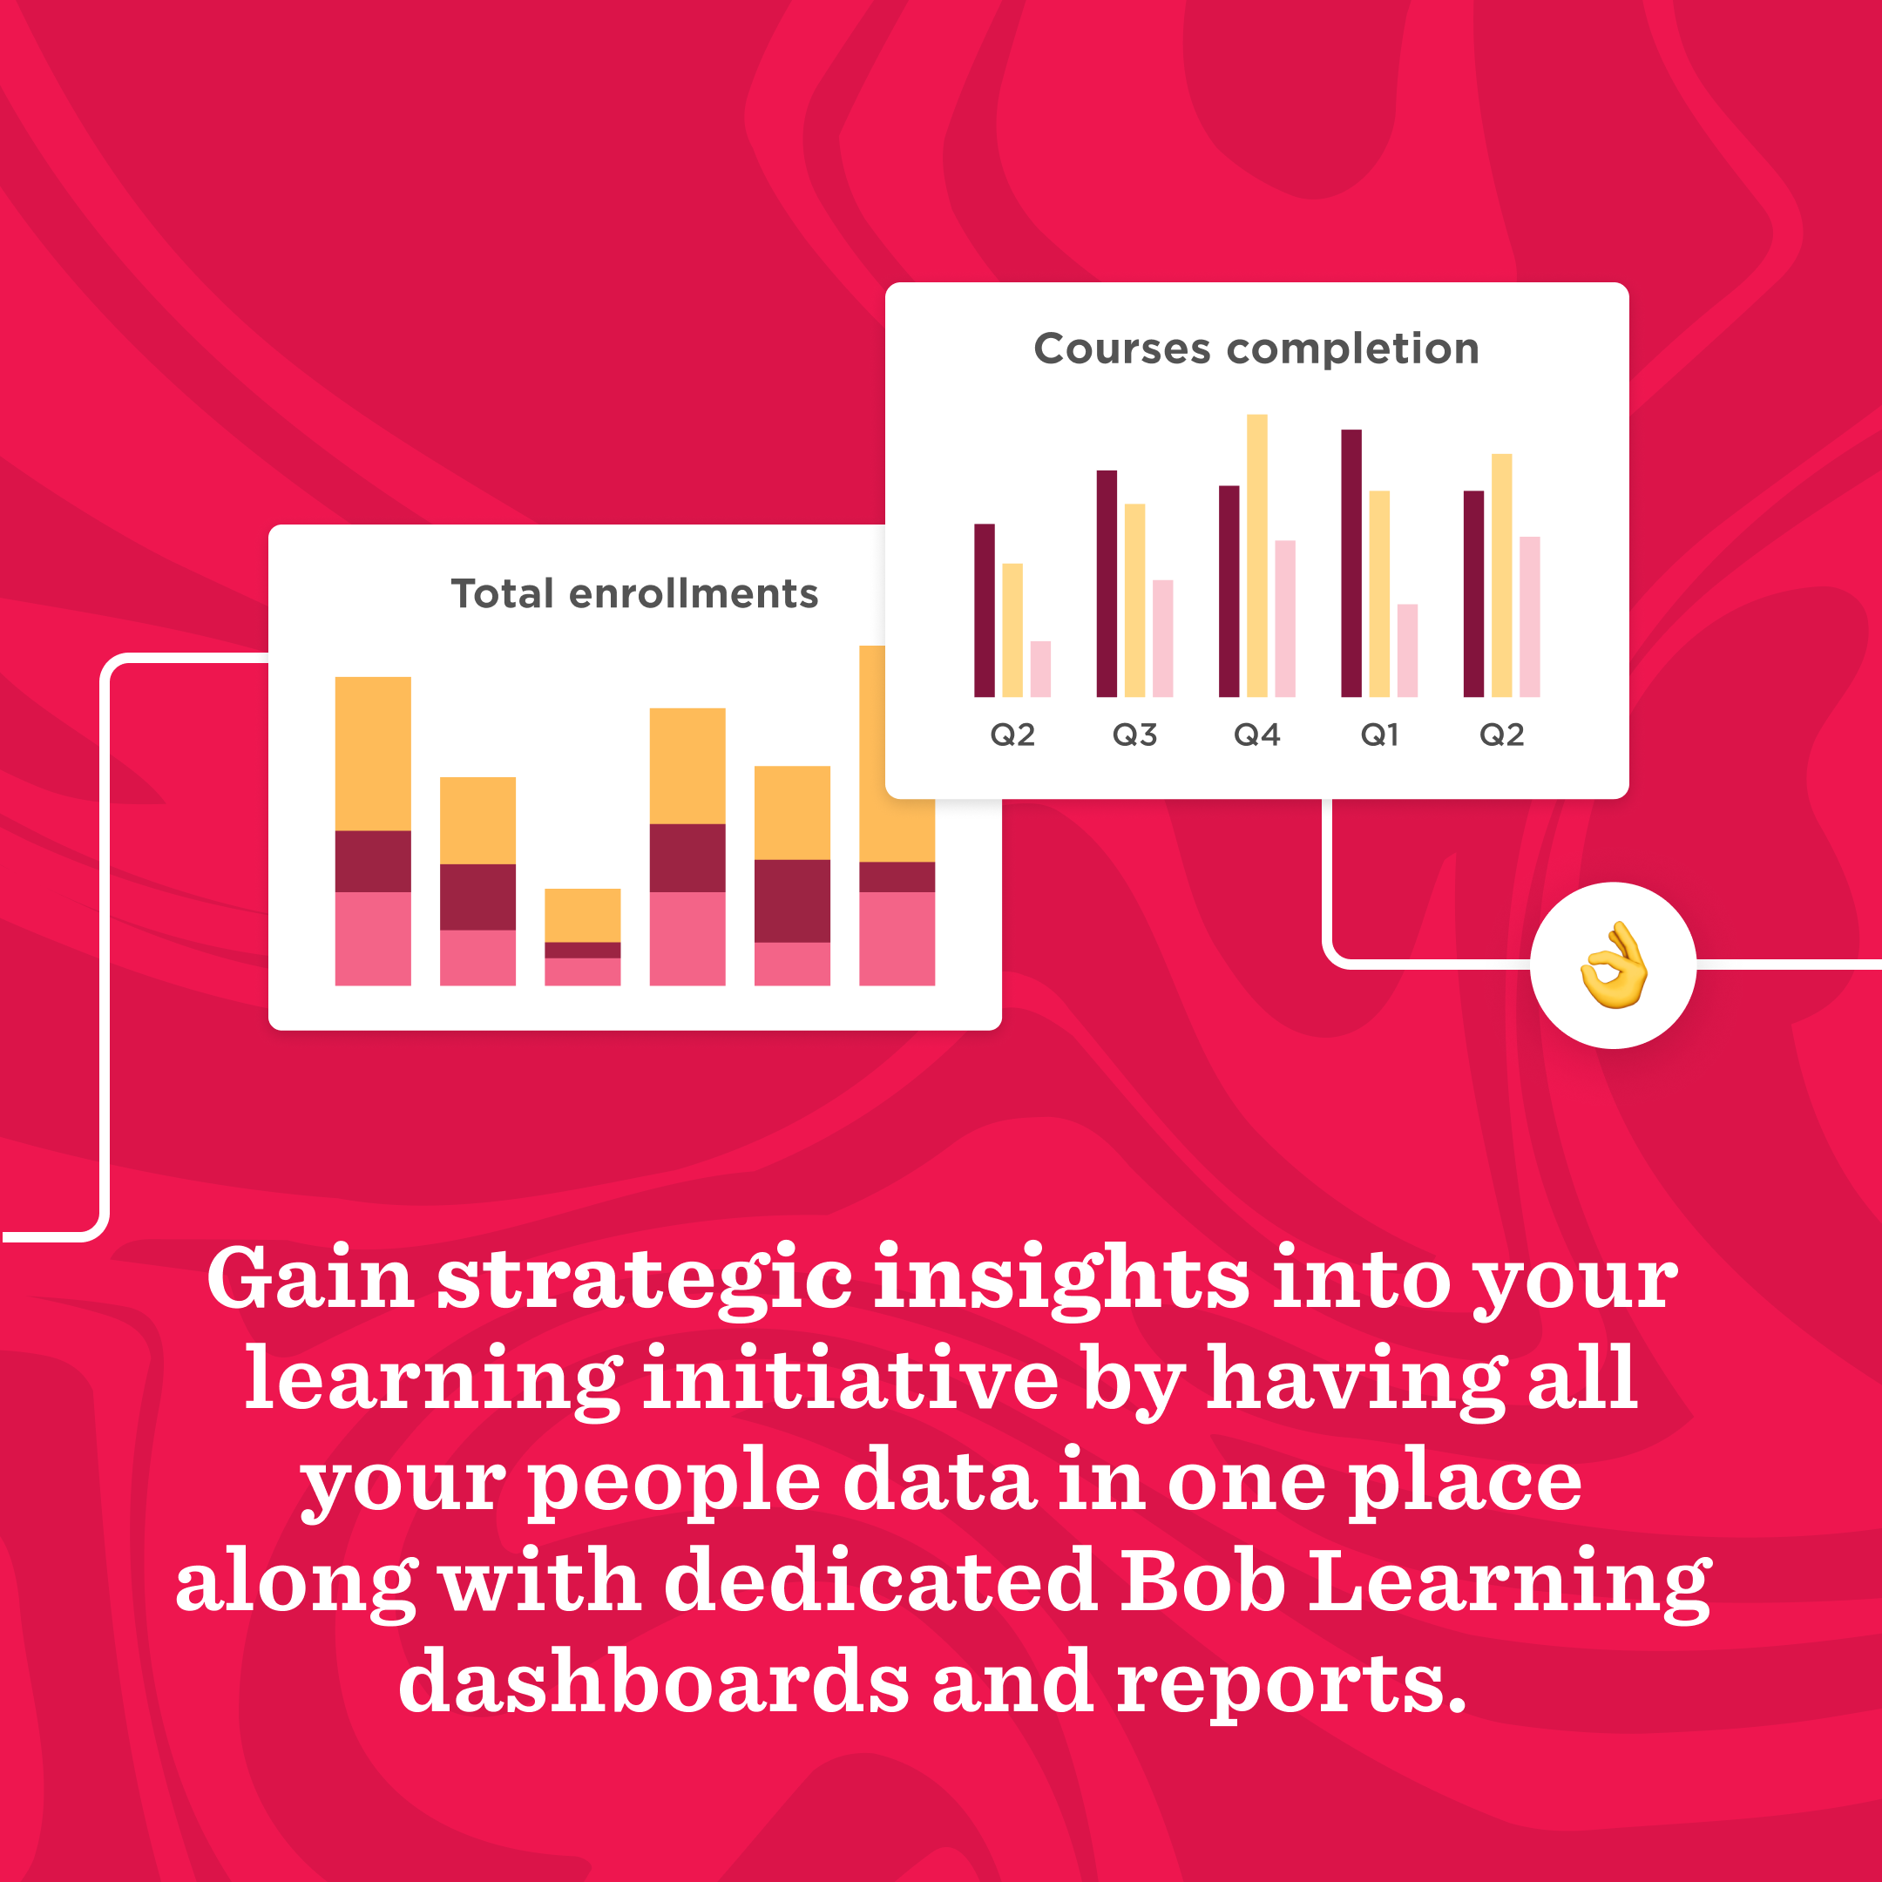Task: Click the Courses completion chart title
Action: point(1256,349)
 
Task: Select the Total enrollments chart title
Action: point(634,593)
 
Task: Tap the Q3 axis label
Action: point(1134,735)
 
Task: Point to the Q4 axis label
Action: point(1256,735)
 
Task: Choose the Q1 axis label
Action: point(1379,735)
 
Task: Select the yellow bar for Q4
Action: point(1257,555)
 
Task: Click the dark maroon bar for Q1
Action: point(1351,563)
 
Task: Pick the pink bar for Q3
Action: point(1163,638)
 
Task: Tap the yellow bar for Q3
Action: point(1134,600)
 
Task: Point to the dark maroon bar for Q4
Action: point(1229,591)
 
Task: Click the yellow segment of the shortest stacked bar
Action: point(583,915)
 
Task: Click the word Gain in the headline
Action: point(310,1279)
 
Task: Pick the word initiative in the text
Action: point(850,1379)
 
